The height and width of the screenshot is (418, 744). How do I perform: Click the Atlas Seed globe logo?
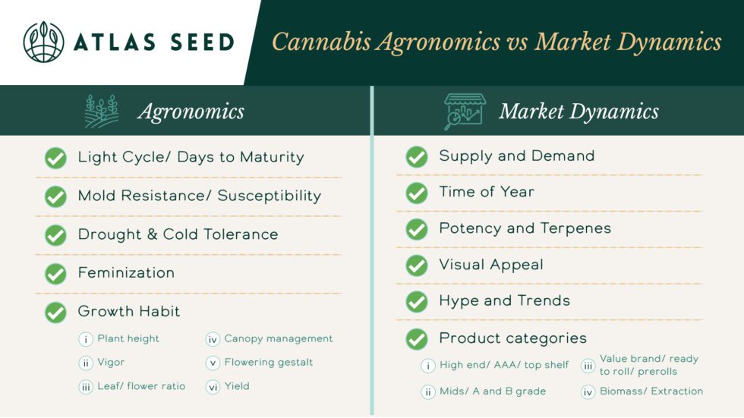[44, 42]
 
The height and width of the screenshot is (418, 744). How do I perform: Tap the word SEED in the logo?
[203, 42]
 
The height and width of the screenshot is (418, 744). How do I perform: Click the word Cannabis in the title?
[321, 42]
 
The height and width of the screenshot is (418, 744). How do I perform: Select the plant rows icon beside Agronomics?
[102, 112]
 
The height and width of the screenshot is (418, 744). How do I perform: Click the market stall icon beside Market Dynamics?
[465, 112]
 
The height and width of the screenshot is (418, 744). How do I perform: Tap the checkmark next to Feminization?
[55, 273]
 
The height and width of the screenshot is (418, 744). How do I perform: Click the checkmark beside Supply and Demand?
[417, 157]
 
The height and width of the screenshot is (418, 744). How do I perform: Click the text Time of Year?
[487, 192]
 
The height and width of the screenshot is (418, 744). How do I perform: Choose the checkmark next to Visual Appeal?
[417, 266]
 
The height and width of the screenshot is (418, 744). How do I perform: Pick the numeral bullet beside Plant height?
[85, 339]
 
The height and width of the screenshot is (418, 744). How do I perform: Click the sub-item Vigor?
[111, 363]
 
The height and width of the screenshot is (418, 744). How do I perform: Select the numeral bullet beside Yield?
[213, 387]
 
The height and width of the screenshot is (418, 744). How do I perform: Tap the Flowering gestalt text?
[269, 363]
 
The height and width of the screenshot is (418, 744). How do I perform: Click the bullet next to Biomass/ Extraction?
[588, 392]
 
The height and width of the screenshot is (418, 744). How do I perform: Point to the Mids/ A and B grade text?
[493, 391]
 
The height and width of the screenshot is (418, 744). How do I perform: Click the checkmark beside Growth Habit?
[55, 313]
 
